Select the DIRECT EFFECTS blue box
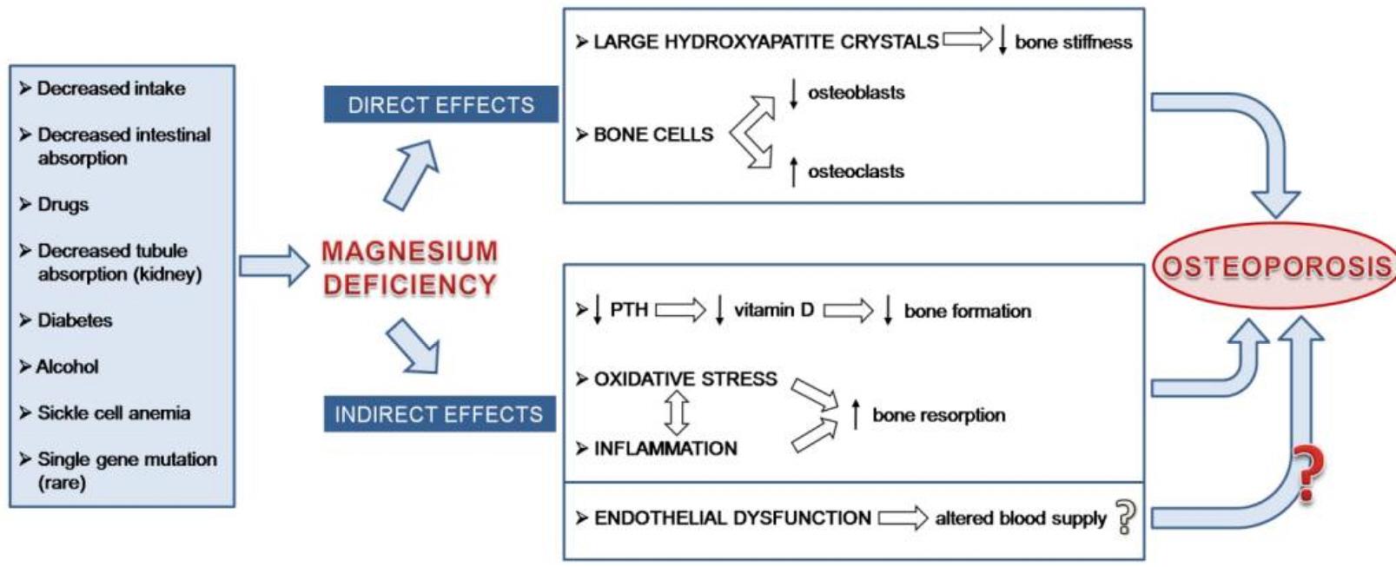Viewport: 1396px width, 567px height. click(440, 105)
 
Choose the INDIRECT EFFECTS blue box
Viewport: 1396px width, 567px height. click(439, 415)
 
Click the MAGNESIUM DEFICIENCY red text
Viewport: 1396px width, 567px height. click(410, 267)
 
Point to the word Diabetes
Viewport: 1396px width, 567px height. click(75, 320)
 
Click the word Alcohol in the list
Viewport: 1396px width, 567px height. click(67, 366)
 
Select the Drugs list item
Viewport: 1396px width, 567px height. click(63, 204)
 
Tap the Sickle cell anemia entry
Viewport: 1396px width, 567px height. click(113, 413)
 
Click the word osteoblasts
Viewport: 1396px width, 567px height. click(856, 92)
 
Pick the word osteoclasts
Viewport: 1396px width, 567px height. click(856, 171)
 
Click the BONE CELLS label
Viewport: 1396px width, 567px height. click(652, 135)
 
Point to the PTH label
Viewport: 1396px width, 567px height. click(629, 310)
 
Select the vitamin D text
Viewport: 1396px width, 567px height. click(773, 310)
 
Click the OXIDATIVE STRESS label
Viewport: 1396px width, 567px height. click(685, 379)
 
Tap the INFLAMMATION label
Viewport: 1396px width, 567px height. click(665, 448)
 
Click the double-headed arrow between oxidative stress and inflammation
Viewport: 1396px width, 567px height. click(677, 413)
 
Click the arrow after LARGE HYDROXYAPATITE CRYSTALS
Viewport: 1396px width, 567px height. click(968, 40)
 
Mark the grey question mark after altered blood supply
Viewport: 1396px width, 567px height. click(1125, 518)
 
